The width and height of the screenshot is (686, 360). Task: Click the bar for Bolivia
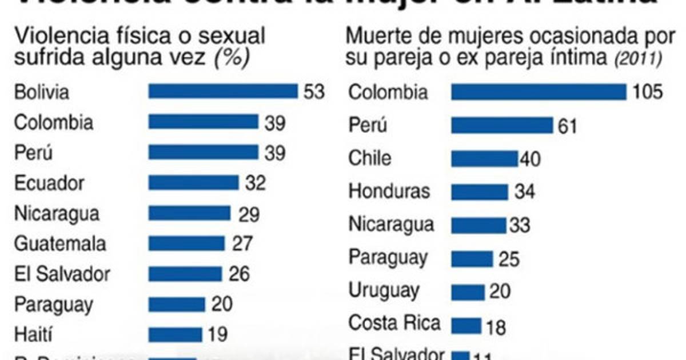[223, 91]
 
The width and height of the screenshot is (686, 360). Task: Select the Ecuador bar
[193, 183]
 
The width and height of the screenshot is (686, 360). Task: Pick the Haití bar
[175, 334]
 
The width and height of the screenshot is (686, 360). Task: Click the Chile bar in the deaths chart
[484, 158]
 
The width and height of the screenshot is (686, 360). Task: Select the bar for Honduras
[479, 191]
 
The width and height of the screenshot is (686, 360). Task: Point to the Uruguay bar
[467, 293]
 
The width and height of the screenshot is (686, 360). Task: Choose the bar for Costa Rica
[466, 326]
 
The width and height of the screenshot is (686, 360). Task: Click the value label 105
[647, 92]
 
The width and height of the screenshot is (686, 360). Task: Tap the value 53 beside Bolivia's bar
[314, 91]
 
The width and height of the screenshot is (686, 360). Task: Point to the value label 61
[568, 126]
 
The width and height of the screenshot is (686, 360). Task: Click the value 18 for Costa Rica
[497, 327]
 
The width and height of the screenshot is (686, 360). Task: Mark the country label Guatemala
[61, 244]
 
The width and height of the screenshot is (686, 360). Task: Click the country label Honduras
[389, 190]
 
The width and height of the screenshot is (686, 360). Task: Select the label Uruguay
[384, 291]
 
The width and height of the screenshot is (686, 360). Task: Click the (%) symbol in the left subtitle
[232, 58]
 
